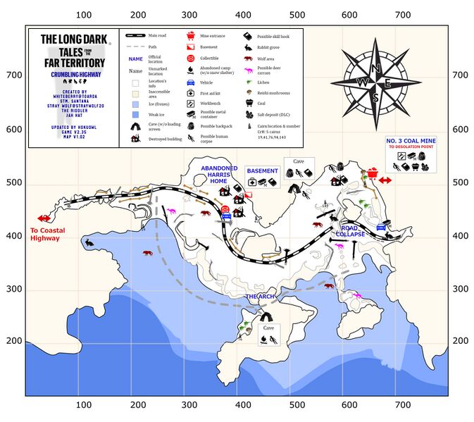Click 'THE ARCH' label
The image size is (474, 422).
pyautogui.click(x=261, y=297)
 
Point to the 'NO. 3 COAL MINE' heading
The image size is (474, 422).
pyautogui.click(x=411, y=141)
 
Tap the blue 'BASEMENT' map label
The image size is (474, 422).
pyautogui.click(x=262, y=170)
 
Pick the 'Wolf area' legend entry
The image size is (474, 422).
pyautogui.click(x=270, y=58)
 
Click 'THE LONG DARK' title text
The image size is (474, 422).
pyautogui.click(x=73, y=39)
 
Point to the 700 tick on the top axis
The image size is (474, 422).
pyautogui.click(x=401, y=14)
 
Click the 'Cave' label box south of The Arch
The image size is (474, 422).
pyautogui.click(x=268, y=328)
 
